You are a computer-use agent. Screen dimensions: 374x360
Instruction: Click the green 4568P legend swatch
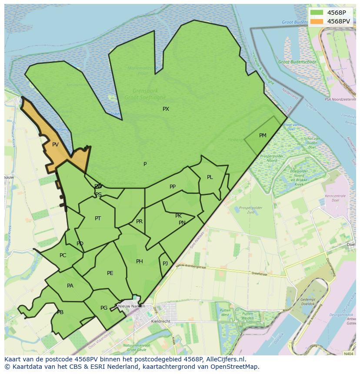317,13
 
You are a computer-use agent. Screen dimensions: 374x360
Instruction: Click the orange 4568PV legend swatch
317,21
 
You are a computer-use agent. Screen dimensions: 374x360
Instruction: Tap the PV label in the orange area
55,145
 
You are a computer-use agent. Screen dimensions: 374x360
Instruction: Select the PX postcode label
166,109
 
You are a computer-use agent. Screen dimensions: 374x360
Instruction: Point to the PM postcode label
263,136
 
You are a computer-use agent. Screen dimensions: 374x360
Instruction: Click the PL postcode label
210,177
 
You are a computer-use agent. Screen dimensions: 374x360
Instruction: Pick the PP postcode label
173,187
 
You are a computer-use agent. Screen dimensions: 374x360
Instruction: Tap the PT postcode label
98,218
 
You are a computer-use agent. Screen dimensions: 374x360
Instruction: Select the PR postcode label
139,222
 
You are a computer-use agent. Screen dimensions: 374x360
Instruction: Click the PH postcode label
139,261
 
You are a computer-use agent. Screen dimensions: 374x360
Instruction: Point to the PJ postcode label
165,264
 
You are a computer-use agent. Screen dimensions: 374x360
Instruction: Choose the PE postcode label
110,273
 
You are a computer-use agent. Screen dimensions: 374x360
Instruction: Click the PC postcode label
63,255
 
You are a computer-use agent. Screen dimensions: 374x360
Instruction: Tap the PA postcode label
70,286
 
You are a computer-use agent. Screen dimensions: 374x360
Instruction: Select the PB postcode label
60,312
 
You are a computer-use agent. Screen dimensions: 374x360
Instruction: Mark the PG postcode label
104,308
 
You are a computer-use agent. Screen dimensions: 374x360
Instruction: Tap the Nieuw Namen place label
132,306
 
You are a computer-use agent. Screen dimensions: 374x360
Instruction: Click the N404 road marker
348,354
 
